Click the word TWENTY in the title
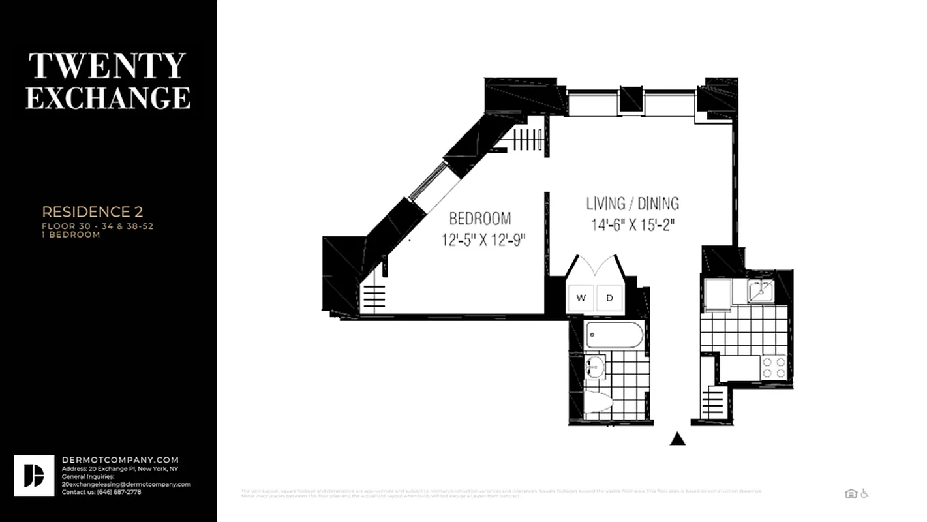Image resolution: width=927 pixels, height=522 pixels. tap(108, 66)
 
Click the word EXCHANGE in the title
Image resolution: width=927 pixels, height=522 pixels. tap(108, 97)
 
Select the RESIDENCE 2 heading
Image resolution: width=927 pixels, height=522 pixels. tap(92, 212)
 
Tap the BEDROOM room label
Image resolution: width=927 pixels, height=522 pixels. tap(479, 219)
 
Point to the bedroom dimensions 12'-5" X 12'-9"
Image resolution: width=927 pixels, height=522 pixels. tap(483, 240)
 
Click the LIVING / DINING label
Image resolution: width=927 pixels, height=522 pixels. tap(632, 204)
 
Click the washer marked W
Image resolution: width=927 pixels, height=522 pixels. tap(581, 298)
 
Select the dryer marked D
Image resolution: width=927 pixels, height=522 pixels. tap(610, 298)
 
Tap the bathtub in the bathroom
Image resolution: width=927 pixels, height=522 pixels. tap(614, 335)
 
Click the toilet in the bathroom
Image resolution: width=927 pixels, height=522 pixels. tap(597, 402)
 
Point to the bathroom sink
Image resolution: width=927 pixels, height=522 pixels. tap(594, 367)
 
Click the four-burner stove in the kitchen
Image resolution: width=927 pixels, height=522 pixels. tap(774, 367)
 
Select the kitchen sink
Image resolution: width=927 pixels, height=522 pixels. tap(760, 290)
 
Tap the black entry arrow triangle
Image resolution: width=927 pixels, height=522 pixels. tap(678, 439)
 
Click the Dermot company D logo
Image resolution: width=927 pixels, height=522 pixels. tap(34, 476)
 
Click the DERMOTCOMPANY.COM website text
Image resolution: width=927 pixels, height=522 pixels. tap(119, 460)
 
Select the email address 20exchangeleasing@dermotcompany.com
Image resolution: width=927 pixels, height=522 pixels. tap(126, 484)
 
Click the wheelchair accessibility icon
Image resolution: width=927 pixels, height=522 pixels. tap(864, 493)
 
